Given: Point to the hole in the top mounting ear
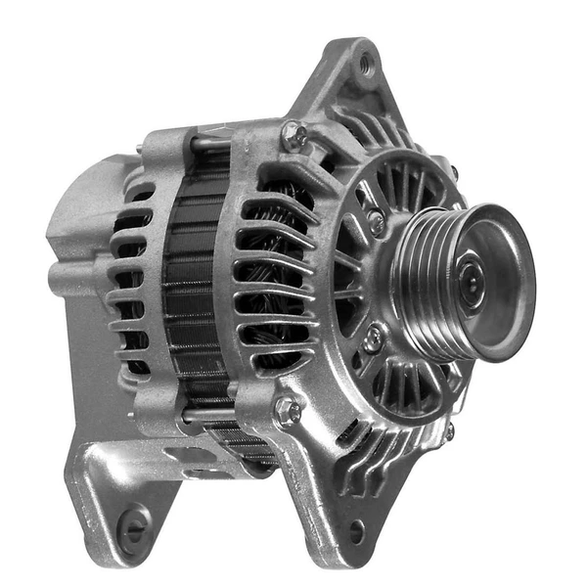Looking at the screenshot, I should click(366, 66).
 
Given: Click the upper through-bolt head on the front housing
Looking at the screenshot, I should click(293, 135).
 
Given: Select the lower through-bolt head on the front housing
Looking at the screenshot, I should click(287, 411).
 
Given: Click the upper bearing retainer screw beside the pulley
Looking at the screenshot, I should click(376, 223).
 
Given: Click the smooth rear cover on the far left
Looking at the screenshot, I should click(73, 225).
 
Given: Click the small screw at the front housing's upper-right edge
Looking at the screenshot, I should click(452, 172).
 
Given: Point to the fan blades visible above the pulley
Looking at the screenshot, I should click(401, 186).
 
